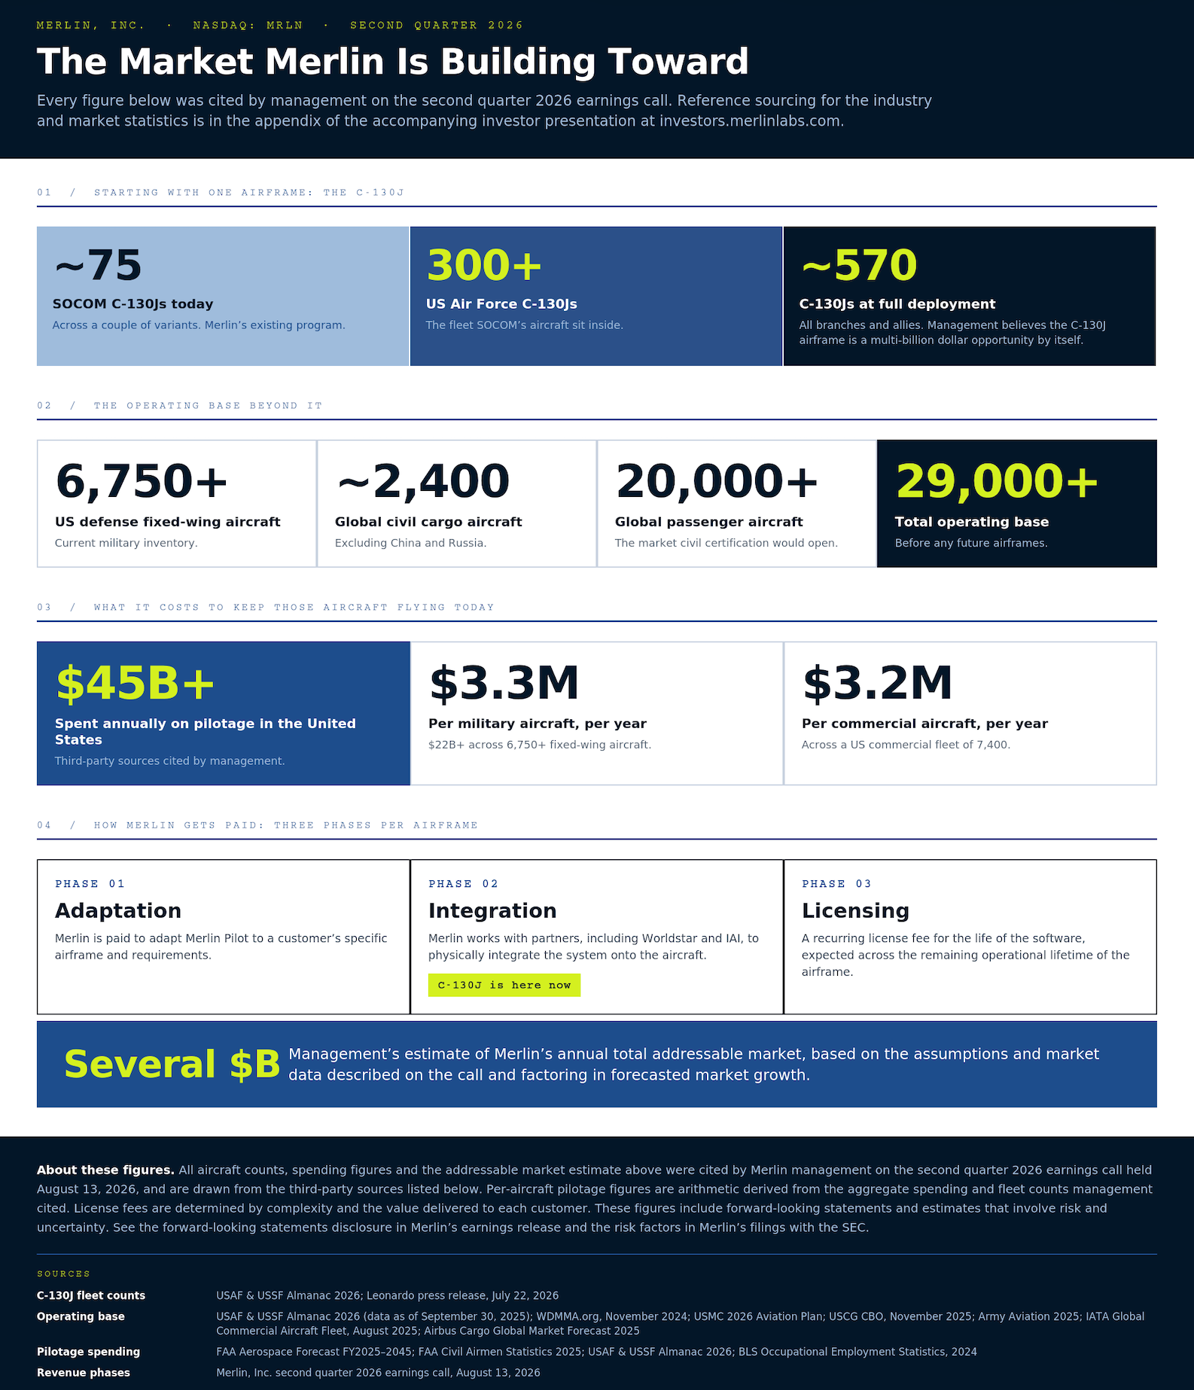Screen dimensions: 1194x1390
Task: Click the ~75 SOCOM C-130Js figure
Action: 98,265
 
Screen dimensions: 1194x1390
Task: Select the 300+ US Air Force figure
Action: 484,265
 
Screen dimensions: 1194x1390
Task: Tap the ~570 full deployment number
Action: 858,265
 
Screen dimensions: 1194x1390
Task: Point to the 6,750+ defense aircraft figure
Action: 142,481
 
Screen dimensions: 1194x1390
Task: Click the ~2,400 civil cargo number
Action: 422,481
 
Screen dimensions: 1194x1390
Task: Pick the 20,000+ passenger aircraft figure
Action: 717,481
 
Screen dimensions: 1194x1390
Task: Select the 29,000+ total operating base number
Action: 997,481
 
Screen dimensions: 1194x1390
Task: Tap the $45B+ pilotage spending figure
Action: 136,683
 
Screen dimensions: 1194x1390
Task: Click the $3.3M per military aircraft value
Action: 504,683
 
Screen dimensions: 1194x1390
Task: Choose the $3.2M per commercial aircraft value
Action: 877,683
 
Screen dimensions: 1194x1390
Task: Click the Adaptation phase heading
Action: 118,911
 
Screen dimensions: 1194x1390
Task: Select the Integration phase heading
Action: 492,911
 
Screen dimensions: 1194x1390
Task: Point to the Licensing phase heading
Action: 855,911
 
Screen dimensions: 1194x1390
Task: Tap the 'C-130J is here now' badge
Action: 504,985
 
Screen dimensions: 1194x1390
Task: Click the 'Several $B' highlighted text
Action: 172,1065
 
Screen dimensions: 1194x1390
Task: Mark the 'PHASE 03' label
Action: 836,884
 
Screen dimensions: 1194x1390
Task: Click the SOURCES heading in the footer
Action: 63,1274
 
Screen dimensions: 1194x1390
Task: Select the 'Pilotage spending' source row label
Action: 88,1352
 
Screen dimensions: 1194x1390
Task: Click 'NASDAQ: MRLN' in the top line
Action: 248,26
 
